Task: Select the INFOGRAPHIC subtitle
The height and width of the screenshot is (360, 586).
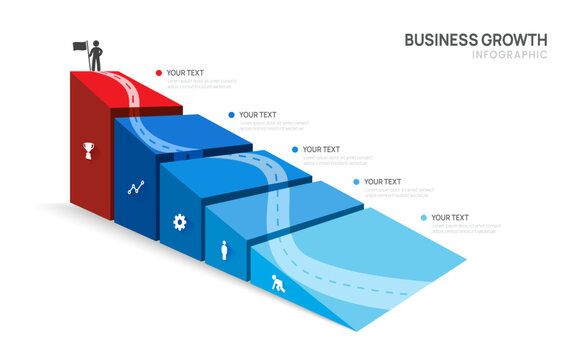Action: pyautogui.click(x=509, y=55)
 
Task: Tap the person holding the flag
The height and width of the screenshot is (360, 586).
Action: pyautogui.click(x=96, y=56)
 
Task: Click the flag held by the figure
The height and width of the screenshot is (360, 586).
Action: pyautogui.click(x=79, y=45)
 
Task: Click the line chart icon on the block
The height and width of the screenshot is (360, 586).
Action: pyautogui.click(x=136, y=187)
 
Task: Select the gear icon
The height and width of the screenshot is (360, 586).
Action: pyautogui.click(x=180, y=221)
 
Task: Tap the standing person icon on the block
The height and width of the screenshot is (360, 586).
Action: pyautogui.click(x=224, y=250)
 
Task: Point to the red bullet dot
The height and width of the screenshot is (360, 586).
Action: pyautogui.click(x=158, y=73)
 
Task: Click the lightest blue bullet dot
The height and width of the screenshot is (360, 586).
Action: pyautogui.click(x=424, y=217)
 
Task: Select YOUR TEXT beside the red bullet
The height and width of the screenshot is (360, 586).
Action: pyautogui.click(x=185, y=73)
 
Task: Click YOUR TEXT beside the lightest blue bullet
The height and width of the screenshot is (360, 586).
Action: pyautogui.click(x=451, y=217)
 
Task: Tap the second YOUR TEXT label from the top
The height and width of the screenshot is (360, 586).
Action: pyautogui.click(x=258, y=115)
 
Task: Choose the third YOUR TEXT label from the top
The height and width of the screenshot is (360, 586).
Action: pyautogui.click(x=321, y=150)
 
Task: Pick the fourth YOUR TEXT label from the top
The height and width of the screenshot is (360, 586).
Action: pyautogui.click(x=383, y=182)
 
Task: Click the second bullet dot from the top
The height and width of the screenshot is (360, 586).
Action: pyautogui.click(x=231, y=115)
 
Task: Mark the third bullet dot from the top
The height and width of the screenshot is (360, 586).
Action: pyautogui.click(x=295, y=150)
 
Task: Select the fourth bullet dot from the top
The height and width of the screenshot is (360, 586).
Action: pyautogui.click(x=356, y=182)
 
